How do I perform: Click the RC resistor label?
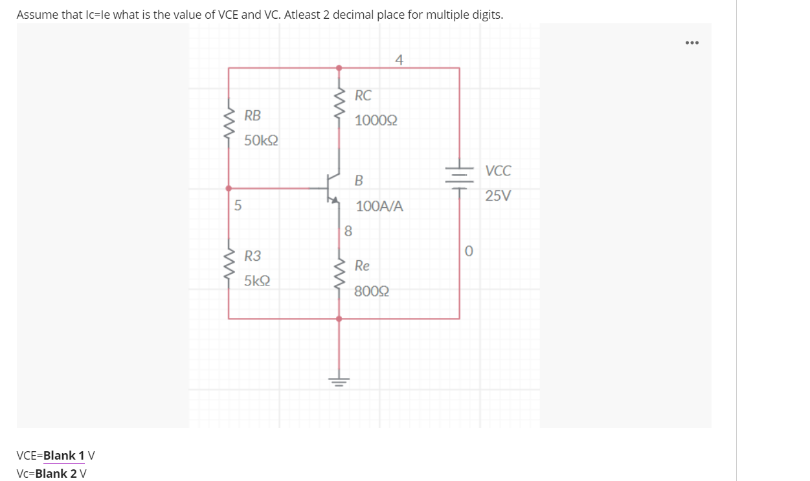point(363,96)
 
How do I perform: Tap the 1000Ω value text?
point(376,121)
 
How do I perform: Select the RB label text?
point(253,116)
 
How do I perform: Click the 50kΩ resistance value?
point(262,140)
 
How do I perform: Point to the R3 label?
point(253,256)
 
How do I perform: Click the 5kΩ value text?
point(257,282)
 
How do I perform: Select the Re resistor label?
point(363,266)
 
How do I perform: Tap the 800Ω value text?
point(372,291)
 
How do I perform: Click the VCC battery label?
point(498,172)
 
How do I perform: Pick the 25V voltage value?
point(498,196)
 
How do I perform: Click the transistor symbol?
point(333,188)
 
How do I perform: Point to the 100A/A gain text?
point(379,207)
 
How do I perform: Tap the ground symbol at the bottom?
point(339,379)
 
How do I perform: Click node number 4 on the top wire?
point(399,60)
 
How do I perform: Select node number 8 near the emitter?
point(348,230)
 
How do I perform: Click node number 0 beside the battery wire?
point(469,250)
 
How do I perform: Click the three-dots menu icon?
point(692,43)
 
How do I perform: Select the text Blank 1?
point(64,455)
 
